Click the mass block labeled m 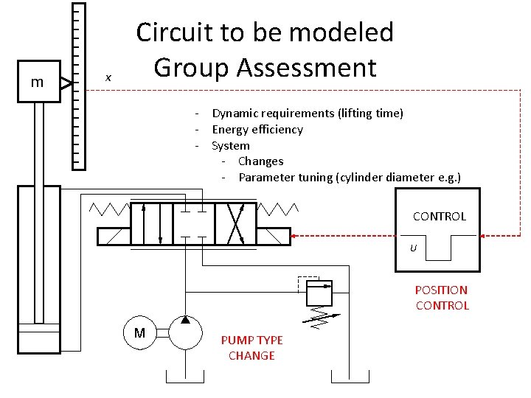click(37, 83)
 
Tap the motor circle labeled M click(139, 334)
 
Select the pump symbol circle click(185, 334)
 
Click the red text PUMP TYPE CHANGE click(251, 348)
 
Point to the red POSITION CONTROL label click(442, 298)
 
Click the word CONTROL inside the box click(440, 216)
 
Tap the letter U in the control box click(413, 248)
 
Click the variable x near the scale click(108, 77)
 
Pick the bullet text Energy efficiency click(257, 130)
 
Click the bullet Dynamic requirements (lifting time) click(308, 114)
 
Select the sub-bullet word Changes click(261, 161)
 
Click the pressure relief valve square click(319, 293)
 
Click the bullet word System click(231, 146)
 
